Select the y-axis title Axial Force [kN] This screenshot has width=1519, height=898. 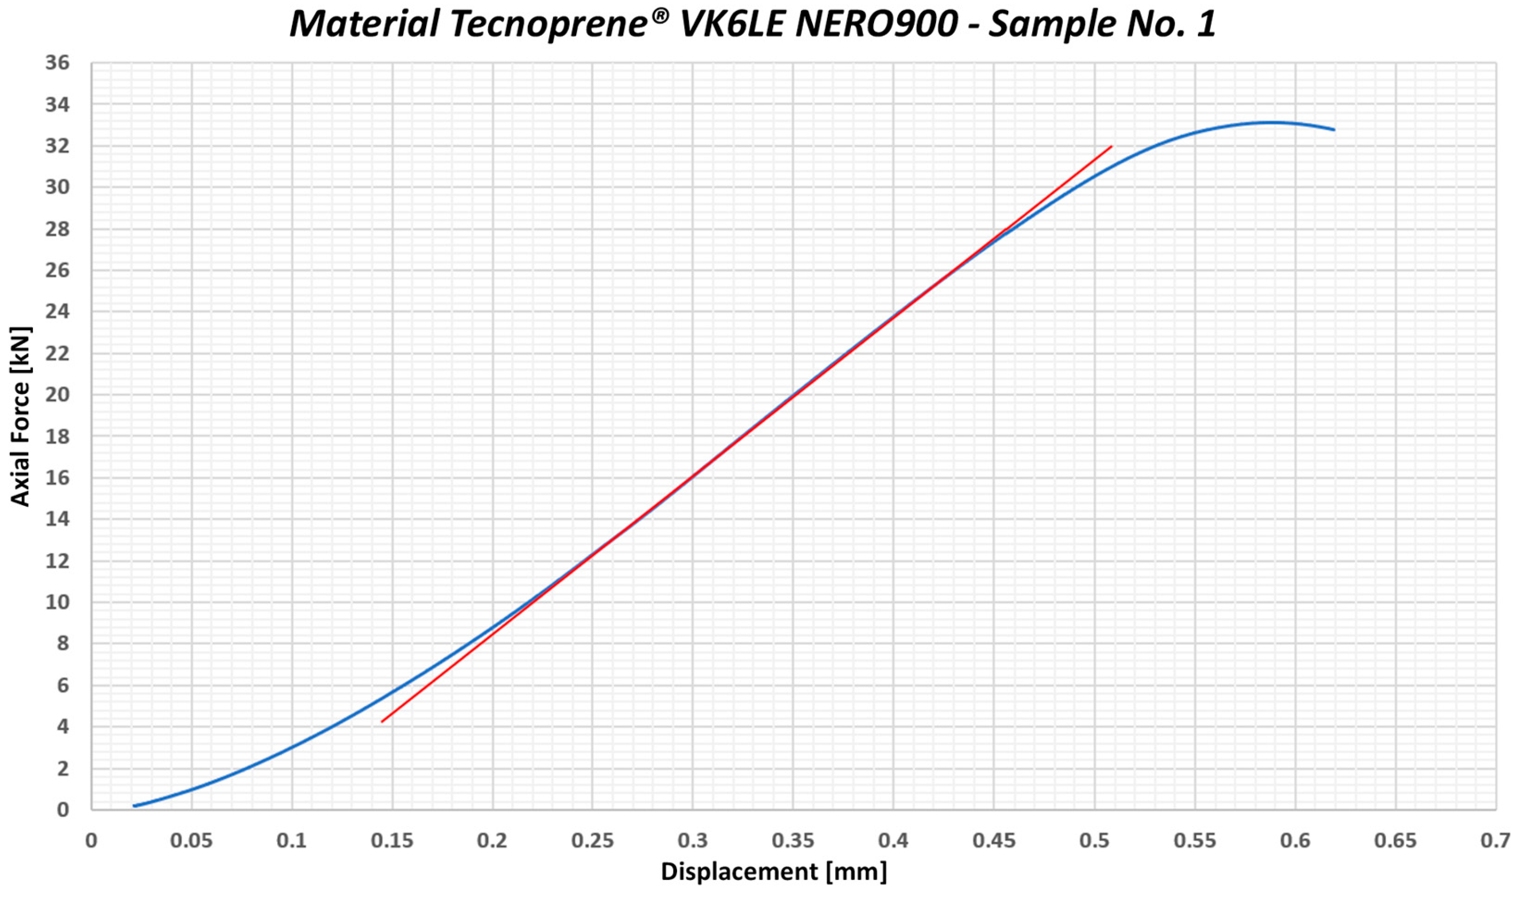[x=20, y=416]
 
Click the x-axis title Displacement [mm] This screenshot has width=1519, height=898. [x=774, y=871]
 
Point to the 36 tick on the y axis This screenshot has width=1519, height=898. [x=58, y=63]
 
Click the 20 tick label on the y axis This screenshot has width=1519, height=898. [x=58, y=394]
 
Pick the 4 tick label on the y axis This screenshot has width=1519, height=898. [x=62, y=726]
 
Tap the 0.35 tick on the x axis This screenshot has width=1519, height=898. [x=792, y=841]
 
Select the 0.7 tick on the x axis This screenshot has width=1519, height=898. [x=1495, y=841]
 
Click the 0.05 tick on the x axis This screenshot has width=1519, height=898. [x=191, y=841]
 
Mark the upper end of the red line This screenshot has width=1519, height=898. [x=1111, y=146]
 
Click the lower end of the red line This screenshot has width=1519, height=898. [x=382, y=721]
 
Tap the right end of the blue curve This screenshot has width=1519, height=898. [x=1334, y=130]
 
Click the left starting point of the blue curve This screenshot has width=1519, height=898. [x=134, y=806]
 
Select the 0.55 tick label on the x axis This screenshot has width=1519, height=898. [x=1195, y=841]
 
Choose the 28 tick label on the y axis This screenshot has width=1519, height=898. [x=58, y=229]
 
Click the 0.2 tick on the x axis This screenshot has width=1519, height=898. [x=492, y=841]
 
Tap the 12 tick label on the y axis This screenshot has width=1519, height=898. [x=58, y=561]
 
